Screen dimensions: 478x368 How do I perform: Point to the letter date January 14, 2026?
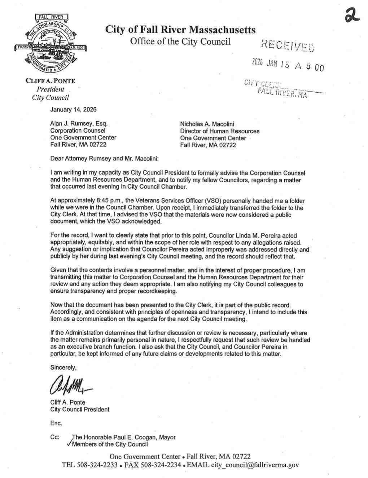[73, 109]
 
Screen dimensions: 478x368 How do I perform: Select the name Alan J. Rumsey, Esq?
[79, 124]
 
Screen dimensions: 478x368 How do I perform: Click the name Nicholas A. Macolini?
[207, 124]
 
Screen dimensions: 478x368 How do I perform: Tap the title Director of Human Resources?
[220, 131]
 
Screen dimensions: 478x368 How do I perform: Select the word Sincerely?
[63, 368]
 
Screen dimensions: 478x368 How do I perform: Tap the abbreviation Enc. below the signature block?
[56, 423]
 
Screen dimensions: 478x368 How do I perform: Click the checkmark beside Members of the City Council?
[69, 443]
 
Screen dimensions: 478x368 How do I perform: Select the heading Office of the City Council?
[180, 41]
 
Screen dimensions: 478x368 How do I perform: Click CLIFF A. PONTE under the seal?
[50, 81]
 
